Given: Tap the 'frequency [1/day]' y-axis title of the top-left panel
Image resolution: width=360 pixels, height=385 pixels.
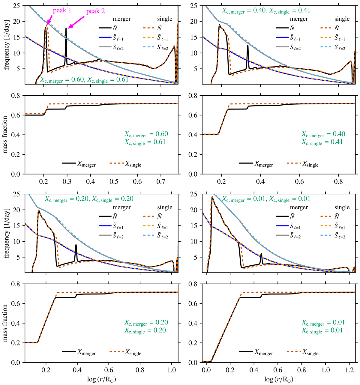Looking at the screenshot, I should tap(6, 45).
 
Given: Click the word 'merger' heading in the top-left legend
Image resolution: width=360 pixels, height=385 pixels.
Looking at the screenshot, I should tap(122, 19).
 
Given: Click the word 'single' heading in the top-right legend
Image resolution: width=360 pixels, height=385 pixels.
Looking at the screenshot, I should tap(342, 19).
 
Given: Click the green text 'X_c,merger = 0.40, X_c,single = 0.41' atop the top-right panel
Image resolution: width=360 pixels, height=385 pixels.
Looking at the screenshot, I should tap(266, 10).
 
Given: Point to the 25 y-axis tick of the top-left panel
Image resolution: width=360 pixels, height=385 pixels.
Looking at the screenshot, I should tap(19, 6).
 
